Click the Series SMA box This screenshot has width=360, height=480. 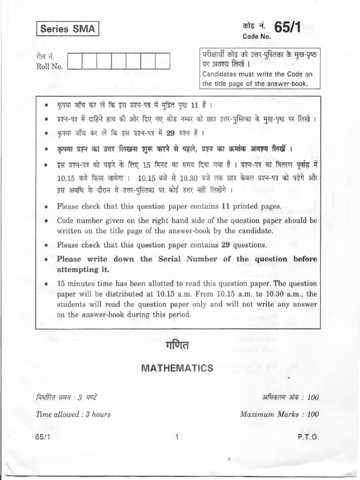67,29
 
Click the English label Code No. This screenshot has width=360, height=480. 256,37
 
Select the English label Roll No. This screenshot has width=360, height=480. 49,67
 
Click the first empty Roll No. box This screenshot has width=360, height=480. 75,61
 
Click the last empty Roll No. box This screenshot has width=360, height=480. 163,61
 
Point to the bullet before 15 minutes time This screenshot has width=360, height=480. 47,284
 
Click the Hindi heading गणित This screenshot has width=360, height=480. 177,346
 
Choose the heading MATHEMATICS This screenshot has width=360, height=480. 177,368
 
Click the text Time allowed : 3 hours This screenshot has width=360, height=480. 73,414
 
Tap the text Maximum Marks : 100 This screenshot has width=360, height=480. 279,414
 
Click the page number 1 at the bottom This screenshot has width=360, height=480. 177,437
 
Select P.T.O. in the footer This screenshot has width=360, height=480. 308,437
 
